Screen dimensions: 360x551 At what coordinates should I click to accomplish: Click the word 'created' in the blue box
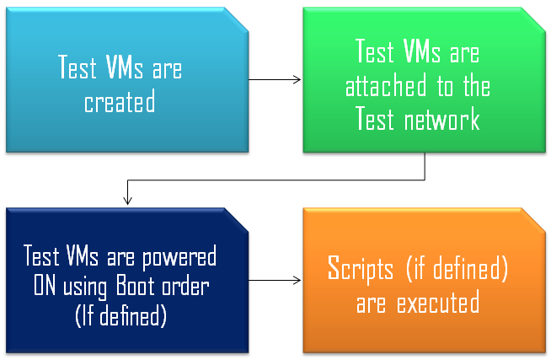[x=120, y=103]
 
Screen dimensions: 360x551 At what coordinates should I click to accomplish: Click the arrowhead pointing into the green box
[x=297, y=80]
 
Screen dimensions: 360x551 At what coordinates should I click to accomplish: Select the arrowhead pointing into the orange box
[x=297, y=279]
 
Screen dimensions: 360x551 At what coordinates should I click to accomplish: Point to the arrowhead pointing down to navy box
[x=126, y=201]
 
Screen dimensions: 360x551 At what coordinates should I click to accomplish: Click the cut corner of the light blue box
[x=239, y=18]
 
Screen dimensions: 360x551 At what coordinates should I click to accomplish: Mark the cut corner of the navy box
[x=239, y=217]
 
